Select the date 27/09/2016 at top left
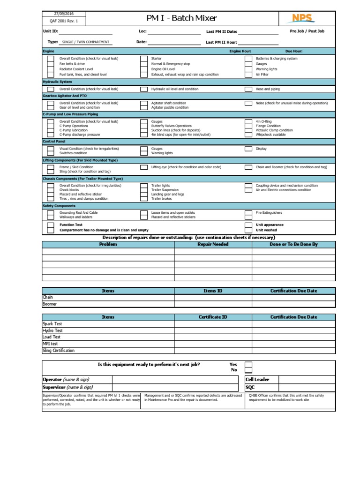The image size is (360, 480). point(63,15)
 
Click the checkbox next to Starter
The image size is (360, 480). point(144,59)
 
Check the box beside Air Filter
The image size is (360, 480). point(248,75)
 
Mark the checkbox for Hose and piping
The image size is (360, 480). point(248,89)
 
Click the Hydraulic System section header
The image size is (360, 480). point(57,82)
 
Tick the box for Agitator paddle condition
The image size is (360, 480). point(144,107)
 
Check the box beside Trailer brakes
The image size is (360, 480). point(144,199)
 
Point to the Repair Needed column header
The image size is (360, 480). point(213,244)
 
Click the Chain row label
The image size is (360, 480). point(48,297)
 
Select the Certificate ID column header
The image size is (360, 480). point(213,317)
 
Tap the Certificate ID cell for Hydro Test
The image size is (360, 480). point(213,330)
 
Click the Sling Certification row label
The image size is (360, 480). point(59,351)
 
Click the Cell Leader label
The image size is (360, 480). point(257,379)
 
